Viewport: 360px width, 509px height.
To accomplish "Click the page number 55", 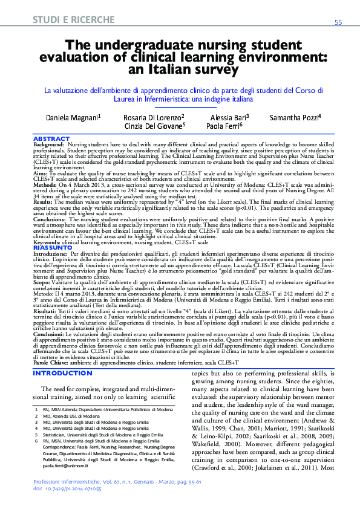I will (338, 22).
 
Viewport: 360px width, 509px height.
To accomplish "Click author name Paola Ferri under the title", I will (223, 126).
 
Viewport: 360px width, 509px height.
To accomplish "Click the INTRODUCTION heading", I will (62, 373).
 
